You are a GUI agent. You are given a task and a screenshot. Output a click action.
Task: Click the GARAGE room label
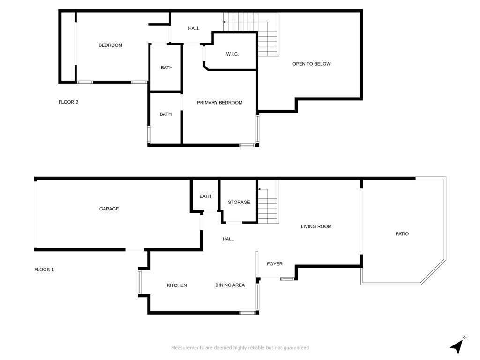(x=109, y=209)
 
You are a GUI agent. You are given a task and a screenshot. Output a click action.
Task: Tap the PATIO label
(x=402, y=234)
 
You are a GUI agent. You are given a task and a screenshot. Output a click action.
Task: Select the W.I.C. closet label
(x=232, y=54)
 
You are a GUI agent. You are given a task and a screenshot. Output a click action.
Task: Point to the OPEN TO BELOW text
(x=311, y=64)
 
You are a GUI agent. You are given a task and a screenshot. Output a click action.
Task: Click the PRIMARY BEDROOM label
(x=219, y=103)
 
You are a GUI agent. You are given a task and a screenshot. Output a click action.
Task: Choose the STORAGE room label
(x=239, y=202)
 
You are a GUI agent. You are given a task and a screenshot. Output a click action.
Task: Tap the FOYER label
(x=275, y=264)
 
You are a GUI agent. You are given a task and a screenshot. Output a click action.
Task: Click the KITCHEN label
(x=177, y=285)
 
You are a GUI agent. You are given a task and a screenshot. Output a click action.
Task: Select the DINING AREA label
(x=230, y=285)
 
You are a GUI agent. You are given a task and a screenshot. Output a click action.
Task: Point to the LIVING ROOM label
(x=316, y=226)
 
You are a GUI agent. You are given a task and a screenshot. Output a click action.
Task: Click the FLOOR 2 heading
(x=68, y=102)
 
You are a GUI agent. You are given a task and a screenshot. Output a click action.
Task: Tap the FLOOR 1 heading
(x=44, y=270)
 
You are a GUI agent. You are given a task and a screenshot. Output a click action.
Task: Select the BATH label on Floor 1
(x=205, y=196)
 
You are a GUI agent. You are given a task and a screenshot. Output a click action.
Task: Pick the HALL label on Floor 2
(x=194, y=28)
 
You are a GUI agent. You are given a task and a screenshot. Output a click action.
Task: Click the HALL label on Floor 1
(x=228, y=239)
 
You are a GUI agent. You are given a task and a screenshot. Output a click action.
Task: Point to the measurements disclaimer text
(x=240, y=348)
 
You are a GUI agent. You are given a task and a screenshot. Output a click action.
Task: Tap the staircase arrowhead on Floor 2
(x=225, y=22)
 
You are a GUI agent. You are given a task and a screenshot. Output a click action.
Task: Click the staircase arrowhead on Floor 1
(x=259, y=189)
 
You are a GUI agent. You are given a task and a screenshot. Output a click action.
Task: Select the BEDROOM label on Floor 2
(x=110, y=45)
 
